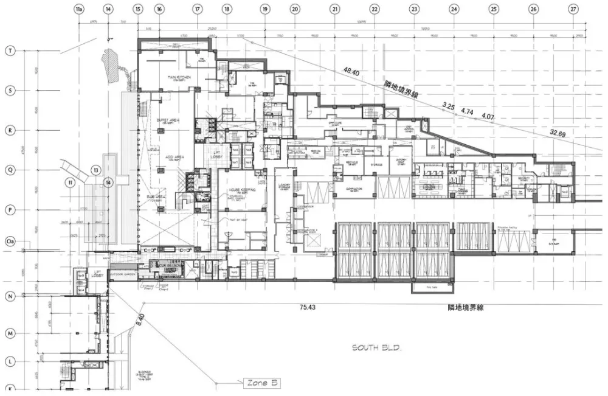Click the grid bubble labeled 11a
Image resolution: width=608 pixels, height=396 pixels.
(x=78, y=10)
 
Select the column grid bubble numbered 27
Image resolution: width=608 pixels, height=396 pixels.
(x=573, y=10)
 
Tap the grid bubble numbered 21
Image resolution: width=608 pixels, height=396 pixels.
(x=334, y=10)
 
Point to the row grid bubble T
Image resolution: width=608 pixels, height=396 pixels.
(x=10, y=51)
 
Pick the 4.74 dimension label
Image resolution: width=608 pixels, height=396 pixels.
(x=467, y=112)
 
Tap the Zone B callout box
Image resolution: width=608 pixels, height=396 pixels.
(x=262, y=383)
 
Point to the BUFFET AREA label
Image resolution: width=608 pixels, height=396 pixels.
(x=166, y=120)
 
